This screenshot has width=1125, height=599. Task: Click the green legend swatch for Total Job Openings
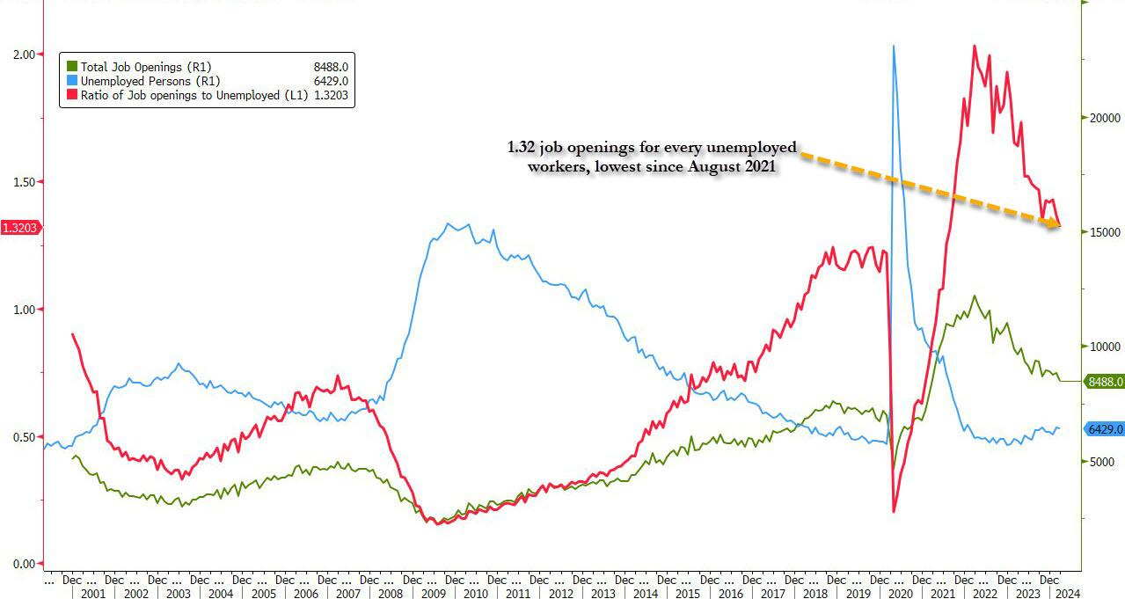tap(74, 67)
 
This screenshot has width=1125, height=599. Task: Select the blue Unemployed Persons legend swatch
tap(74, 81)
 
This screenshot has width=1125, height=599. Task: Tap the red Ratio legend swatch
tap(74, 95)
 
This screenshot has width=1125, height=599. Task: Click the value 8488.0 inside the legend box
tap(332, 67)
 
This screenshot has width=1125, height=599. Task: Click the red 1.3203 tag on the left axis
tap(19, 228)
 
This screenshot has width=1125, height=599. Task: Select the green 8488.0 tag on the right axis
tap(1105, 382)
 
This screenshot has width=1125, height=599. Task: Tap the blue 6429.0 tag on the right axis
tap(1105, 429)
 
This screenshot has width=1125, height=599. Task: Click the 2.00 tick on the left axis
tap(23, 55)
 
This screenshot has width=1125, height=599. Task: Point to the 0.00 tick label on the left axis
tap(23, 564)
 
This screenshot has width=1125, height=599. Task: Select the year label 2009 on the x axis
tap(432, 594)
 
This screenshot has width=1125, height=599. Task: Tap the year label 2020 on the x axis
tap(899, 594)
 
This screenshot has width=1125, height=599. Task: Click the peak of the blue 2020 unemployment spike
tap(894, 46)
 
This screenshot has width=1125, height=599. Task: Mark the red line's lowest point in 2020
tap(894, 511)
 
